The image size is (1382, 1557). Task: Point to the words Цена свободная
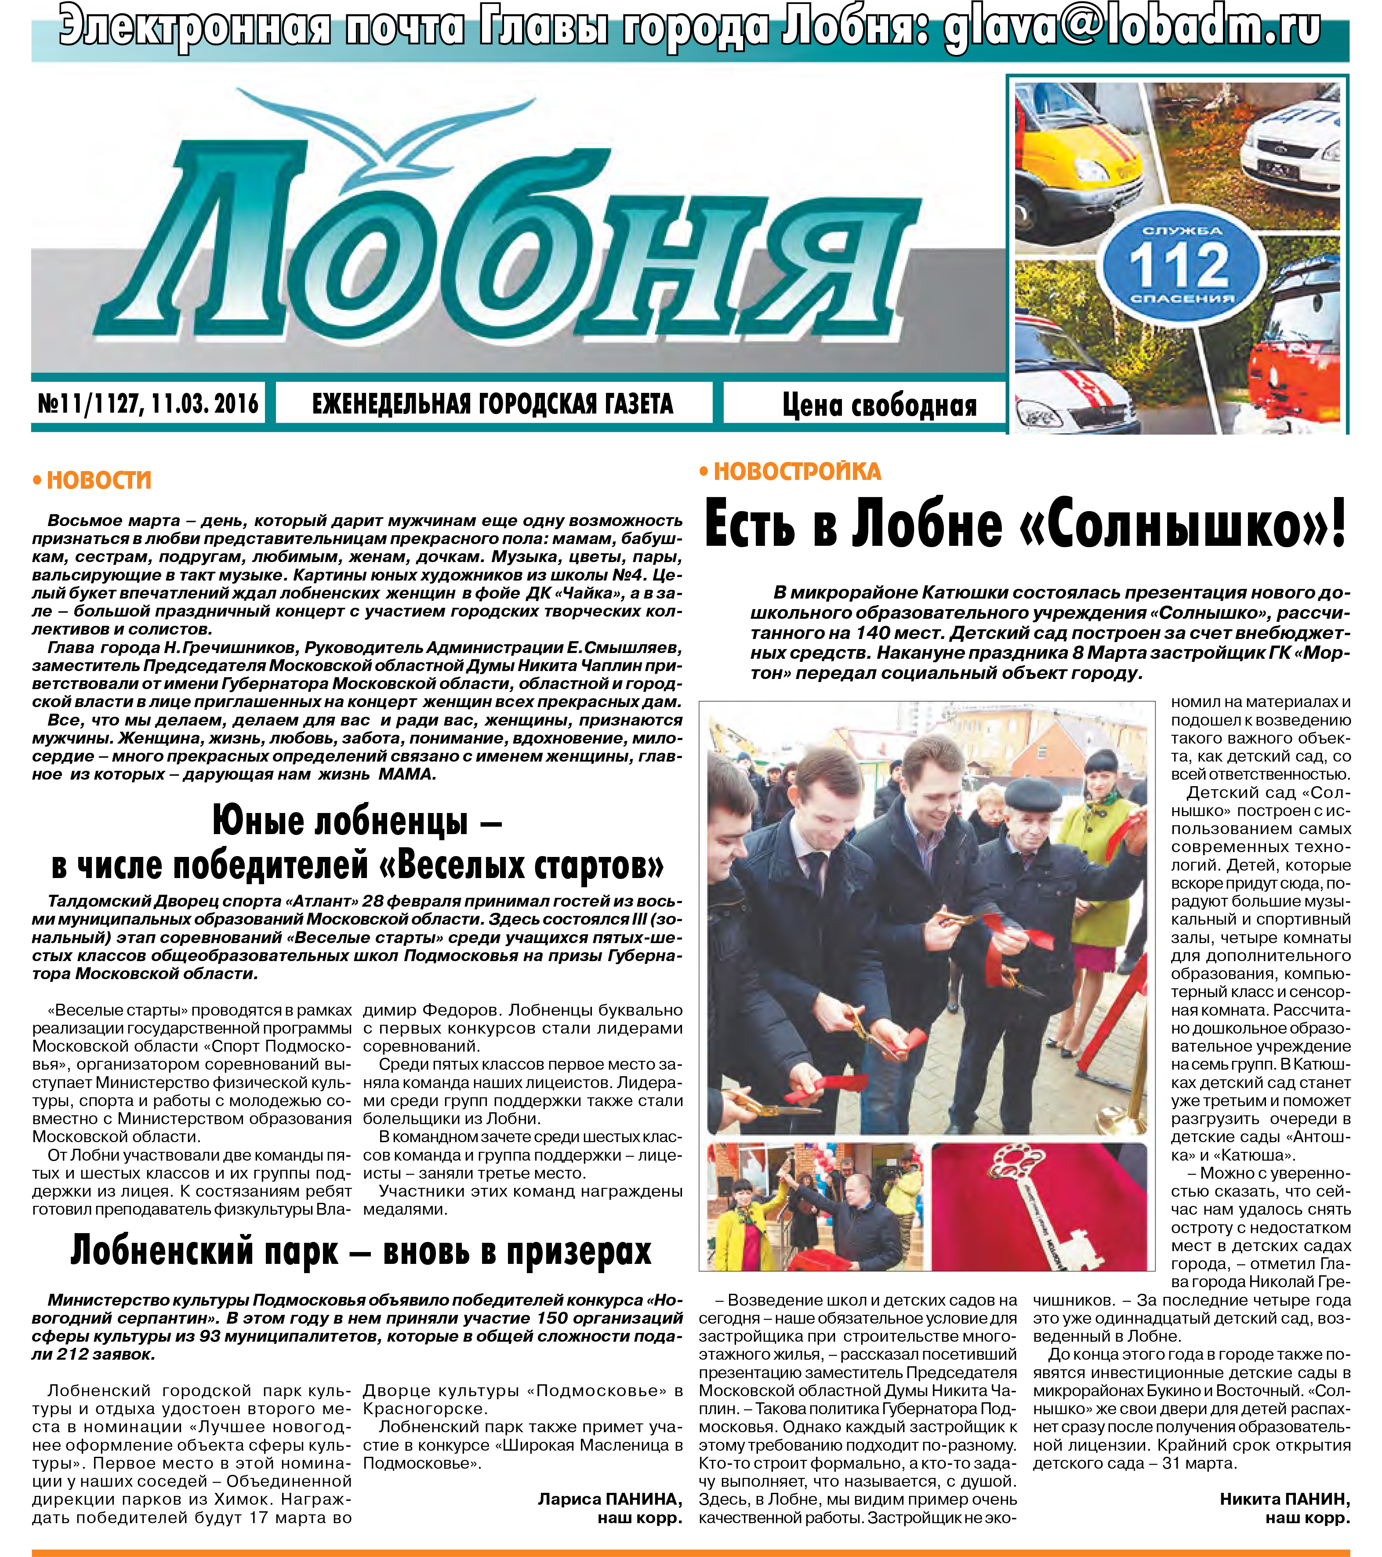click(x=879, y=405)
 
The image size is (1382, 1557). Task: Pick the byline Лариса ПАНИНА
click(x=609, y=1499)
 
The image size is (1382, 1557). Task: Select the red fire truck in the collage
click(x=1295, y=373)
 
